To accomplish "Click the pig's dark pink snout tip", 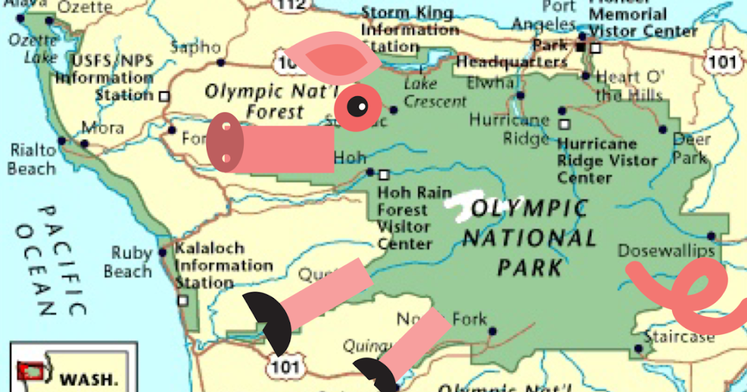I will [224, 142].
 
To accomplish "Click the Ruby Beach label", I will [129, 262].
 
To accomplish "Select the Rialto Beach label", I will [32, 159].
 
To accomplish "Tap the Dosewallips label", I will [665, 251].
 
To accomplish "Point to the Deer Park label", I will [691, 148].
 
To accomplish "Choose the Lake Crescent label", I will [435, 92].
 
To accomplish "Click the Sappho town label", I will [195, 47].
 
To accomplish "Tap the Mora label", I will [103, 129].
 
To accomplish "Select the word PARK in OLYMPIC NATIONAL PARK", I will [529, 268].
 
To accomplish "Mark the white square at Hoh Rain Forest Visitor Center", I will [384, 175].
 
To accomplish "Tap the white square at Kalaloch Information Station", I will [183, 300].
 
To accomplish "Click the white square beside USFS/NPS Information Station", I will [164, 96].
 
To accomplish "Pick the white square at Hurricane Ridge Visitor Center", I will [564, 124].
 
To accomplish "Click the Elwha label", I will [491, 82].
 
